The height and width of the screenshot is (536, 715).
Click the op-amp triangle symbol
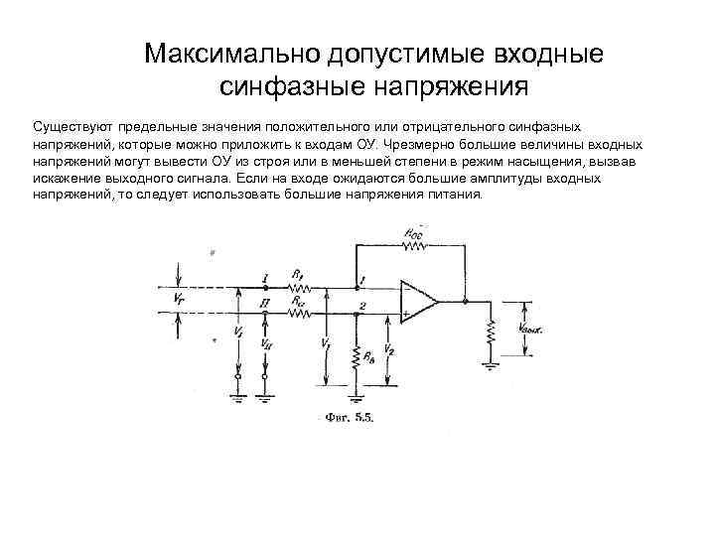click(x=418, y=300)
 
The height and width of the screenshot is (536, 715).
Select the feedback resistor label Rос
click(x=411, y=232)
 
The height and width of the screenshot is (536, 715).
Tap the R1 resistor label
click(x=297, y=274)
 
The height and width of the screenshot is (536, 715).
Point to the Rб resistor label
click(x=367, y=356)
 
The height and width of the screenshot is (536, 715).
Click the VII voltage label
click(x=266, y=343)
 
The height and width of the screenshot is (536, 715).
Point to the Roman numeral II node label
click(x=264, y=302)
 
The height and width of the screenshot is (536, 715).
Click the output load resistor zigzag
click(x=491, y=335)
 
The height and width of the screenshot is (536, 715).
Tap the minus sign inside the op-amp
click(x=406, y=289)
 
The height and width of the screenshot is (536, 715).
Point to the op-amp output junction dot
click(x=463, y=300)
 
